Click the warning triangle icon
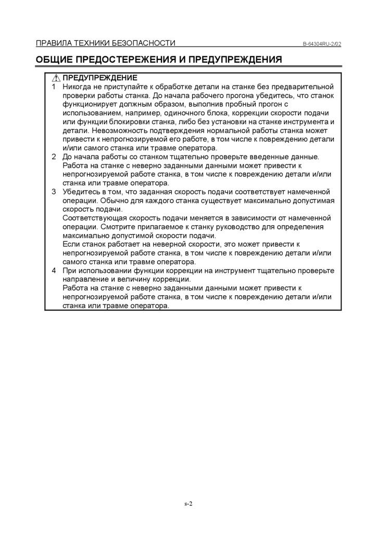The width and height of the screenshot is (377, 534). point(57,78)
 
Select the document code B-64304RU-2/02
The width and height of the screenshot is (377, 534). point(322,44)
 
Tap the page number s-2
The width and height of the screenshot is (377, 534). point(188,504)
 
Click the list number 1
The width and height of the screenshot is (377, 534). point(54,86)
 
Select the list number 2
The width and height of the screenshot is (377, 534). point(54,157)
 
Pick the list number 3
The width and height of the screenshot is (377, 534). point(54,192)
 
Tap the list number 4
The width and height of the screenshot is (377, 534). point(54,271)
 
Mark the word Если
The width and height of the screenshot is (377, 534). point(70,245)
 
